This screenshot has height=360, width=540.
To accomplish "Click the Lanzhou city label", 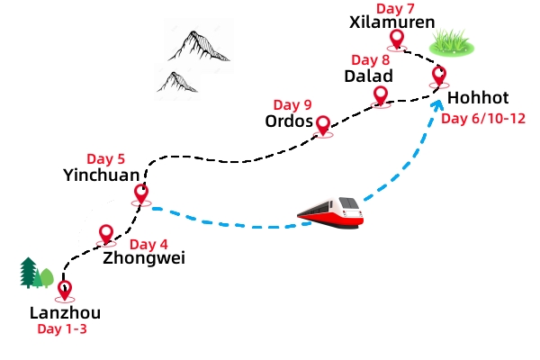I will coord(65,313).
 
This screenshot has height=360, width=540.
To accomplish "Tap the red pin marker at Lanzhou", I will coord(64,290).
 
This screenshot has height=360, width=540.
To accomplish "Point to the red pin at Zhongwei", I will coord(106,233).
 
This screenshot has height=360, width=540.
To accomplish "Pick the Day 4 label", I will coord(148,244).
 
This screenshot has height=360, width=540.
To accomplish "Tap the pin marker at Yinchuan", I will coord(141,192).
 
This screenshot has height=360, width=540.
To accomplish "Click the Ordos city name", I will coord(288,121).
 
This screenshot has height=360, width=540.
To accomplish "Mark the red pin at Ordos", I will coord(323,124).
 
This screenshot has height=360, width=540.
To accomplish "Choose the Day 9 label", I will coord(292,104).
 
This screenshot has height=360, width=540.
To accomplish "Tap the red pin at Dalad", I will coord(380,94).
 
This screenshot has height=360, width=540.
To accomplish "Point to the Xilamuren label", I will coord(391,22).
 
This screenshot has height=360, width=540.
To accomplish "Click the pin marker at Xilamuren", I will coord(396,39).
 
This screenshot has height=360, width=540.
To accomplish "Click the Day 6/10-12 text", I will coord(483,119).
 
